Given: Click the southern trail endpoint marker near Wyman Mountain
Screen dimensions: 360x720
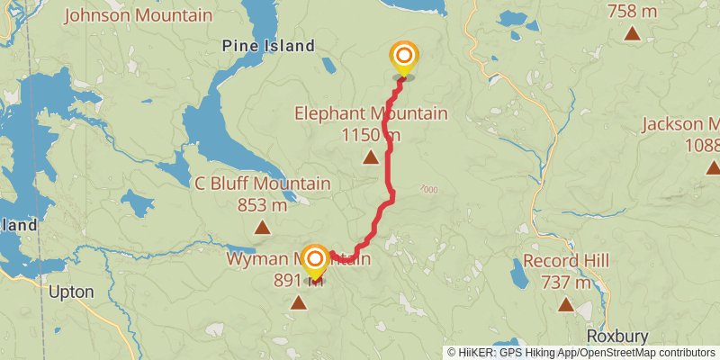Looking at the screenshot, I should (314, 260).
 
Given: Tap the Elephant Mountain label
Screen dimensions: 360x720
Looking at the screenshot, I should (371, 114).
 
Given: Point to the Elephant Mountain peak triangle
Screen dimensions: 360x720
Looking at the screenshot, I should (370, 157).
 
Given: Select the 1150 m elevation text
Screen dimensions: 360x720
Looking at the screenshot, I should (371, 135).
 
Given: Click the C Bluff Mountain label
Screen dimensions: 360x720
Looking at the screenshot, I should (263, 184).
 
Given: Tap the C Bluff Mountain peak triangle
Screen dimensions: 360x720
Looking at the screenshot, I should (262, 228).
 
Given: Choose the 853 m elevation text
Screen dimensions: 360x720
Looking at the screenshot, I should (263, 205).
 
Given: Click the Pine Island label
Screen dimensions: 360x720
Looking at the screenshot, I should (268, 46).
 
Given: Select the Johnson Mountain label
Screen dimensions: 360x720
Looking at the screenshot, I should (139, 15).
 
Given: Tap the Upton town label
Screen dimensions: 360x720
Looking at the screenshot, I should (70, 292).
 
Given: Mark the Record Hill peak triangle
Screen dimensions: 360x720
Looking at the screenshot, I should (565, 305).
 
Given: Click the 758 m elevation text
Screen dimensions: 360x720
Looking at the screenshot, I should (633, 11).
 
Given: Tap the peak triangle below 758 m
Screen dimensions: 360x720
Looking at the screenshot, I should (633, 34).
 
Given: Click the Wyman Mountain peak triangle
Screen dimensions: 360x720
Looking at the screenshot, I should (298, 302).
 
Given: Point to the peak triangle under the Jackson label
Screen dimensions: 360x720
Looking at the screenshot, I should (713, 166).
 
